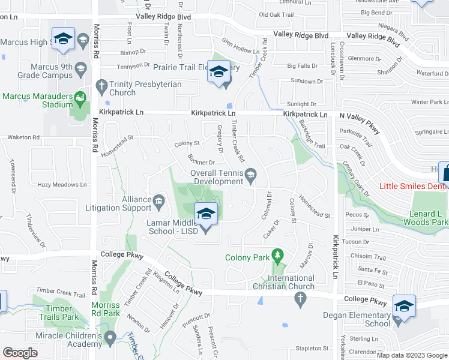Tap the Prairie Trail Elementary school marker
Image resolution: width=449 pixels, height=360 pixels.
218,72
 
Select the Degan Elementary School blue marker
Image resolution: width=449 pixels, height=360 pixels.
404,306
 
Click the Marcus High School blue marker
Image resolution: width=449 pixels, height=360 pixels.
62,40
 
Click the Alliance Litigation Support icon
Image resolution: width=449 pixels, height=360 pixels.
159,200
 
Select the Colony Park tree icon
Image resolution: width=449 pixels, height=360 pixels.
277,257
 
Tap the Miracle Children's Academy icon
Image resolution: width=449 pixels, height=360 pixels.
109,338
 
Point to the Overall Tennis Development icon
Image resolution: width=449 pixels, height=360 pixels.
252,174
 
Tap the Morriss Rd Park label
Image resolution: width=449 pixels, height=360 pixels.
105,309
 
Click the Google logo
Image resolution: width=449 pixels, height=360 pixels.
20,353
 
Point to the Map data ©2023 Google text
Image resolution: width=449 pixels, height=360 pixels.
411,355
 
